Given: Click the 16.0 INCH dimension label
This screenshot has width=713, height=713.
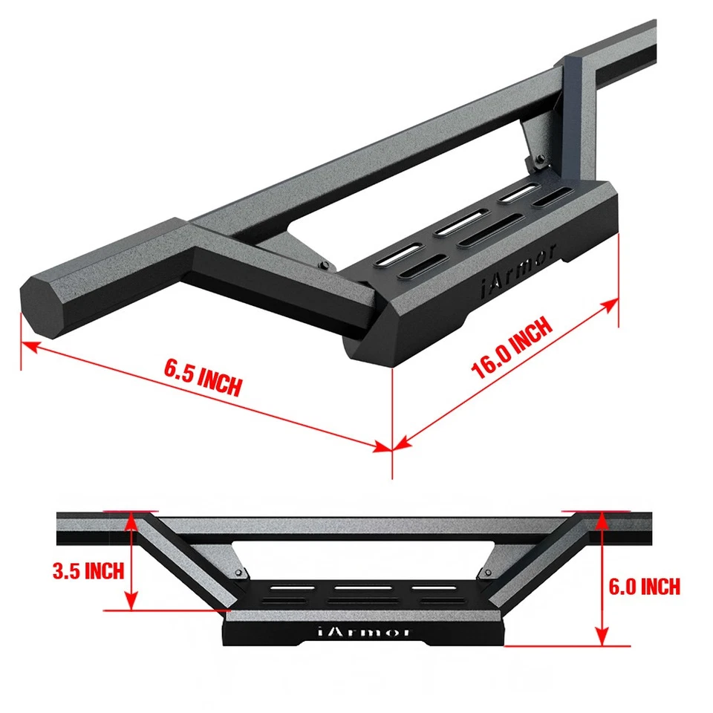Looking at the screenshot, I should tap(512, 348).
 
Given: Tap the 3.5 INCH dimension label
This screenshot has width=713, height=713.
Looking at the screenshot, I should tap(88, 571).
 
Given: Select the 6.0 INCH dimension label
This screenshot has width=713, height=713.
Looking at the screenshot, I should tap(644, 586).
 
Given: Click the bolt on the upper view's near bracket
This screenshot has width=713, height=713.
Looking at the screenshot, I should tap(324, 265).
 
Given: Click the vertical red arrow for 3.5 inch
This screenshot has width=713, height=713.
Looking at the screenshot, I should tap(132, 561).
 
